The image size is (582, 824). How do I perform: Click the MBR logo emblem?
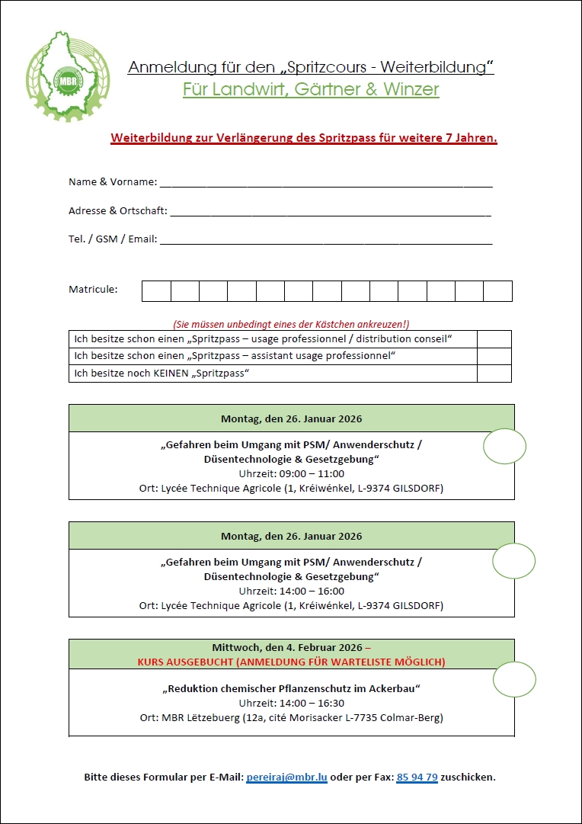(67, 77)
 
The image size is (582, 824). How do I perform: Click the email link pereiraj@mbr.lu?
(286, 778)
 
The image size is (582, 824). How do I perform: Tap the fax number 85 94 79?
(417, 778)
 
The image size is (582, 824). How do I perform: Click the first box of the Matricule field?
(156, 291)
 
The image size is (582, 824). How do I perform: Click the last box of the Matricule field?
(497, 291)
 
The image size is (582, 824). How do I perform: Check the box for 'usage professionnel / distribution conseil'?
(494, 339)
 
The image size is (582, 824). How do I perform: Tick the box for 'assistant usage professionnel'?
(494, 356)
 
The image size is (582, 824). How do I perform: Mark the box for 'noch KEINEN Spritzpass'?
(494, 374)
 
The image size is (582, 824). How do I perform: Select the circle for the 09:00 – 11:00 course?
(505, 447)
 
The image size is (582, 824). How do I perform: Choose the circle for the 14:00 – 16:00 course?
(514, 562)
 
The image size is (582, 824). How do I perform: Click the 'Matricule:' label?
(93, 290)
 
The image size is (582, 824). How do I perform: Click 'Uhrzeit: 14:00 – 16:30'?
(292, 703)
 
